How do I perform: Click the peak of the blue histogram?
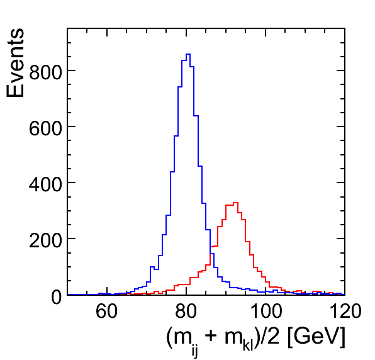(188, 54)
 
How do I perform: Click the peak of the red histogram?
(235, 203)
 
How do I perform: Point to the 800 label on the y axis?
(45, 71)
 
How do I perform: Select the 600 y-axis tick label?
(45, 127)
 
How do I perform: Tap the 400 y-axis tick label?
(45, 183)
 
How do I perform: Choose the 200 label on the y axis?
(45, 239)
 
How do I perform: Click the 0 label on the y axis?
(57, 296)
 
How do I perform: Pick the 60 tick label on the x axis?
(107, 311)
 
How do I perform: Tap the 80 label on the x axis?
(186, 311)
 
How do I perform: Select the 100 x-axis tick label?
(266, 311)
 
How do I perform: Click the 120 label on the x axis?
(345, 311)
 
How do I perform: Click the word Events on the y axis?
(15, 63)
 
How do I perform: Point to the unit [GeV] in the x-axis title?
(316, 337)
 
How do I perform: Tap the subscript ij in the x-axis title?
(194, 352)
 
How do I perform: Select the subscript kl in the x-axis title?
(248, 346)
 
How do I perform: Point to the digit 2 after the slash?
(273, 336)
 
